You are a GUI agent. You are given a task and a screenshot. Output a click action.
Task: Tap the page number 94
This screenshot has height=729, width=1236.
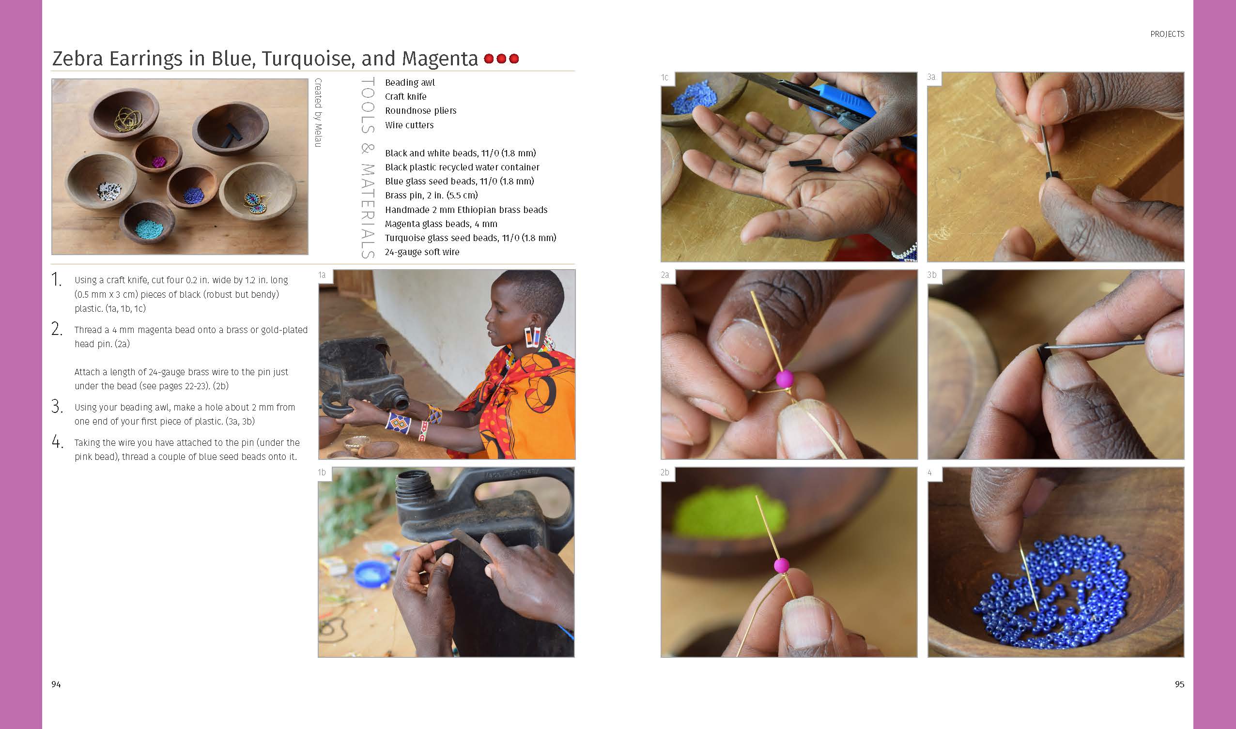click(x=56, y=684)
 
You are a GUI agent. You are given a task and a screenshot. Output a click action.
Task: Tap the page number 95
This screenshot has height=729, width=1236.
click(x=1179, y=684)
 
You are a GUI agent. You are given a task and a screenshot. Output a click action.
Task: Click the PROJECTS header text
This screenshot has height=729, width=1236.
click(x=1167, y=34)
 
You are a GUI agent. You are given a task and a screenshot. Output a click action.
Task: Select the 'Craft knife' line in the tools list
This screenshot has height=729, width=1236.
click(x=405, y=97)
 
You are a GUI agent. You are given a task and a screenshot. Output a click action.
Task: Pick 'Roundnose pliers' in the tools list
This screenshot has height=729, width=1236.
click(x=421, y=110)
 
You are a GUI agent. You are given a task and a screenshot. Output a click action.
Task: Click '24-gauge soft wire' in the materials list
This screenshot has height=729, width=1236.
click(x=422, y=252)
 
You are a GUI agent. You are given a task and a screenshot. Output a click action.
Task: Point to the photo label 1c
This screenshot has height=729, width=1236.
click(x=664, y=77)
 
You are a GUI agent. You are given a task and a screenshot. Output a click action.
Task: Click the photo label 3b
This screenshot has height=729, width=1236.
click(x=932, y=275)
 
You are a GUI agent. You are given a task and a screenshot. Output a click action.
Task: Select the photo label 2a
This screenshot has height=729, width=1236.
click(x=665, y=275)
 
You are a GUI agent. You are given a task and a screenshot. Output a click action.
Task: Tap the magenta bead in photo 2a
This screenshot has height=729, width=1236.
click(x=785, y=379)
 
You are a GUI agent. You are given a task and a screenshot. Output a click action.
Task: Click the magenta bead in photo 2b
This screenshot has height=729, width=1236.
click(x=781, y=565)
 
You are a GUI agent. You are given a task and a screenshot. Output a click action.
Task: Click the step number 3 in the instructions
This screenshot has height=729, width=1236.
click(x=57, y=407)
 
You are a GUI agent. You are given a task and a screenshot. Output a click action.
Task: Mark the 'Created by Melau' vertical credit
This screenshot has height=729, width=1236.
click(x=319, y=112)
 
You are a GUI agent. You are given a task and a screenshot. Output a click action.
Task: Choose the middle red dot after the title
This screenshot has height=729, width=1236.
click(x=501, y=59)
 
